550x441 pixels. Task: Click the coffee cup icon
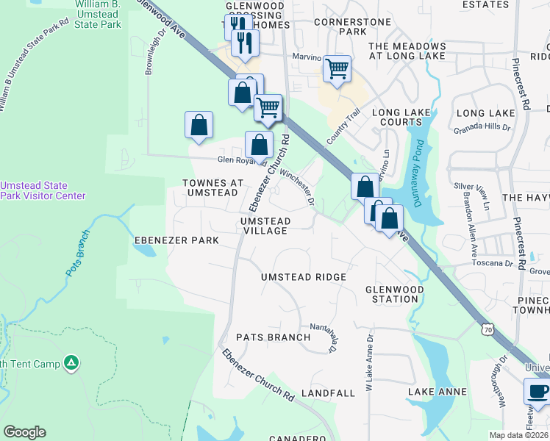[537, 392]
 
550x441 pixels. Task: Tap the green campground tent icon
[71, 362]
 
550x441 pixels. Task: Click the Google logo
[24, 432]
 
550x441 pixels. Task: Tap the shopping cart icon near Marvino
[337, 69]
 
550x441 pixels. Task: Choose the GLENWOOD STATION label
[394, 294]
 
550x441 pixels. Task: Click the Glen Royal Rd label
[240, 160]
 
